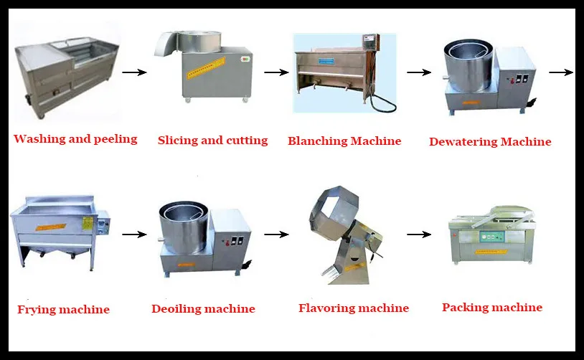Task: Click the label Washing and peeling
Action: tap(75, 139)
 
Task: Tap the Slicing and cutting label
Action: tap(212, 141)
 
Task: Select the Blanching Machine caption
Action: tap(344, 141)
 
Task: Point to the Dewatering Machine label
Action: tap(490, 141)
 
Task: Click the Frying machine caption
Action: tap(63, 310)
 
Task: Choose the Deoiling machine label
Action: tap(203, 309)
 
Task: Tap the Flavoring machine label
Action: tap(354, 308)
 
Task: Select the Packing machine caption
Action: tap(492, 308)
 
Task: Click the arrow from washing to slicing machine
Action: tap(134, 72)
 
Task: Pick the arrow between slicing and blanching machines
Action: tap(276, 72)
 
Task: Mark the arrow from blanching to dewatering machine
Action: tap(418, 72)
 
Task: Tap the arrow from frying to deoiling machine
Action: tap(134, 234)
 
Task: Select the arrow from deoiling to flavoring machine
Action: tap(276, 234)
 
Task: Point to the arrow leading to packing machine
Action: tap(418, 234)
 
